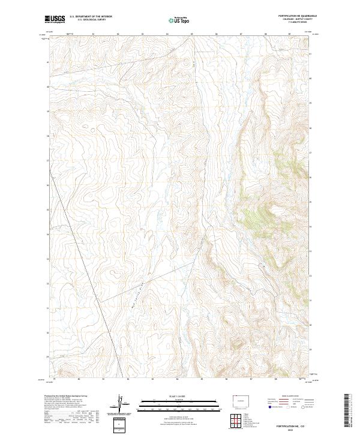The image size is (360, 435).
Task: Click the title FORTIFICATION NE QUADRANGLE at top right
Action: pos(297,15)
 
